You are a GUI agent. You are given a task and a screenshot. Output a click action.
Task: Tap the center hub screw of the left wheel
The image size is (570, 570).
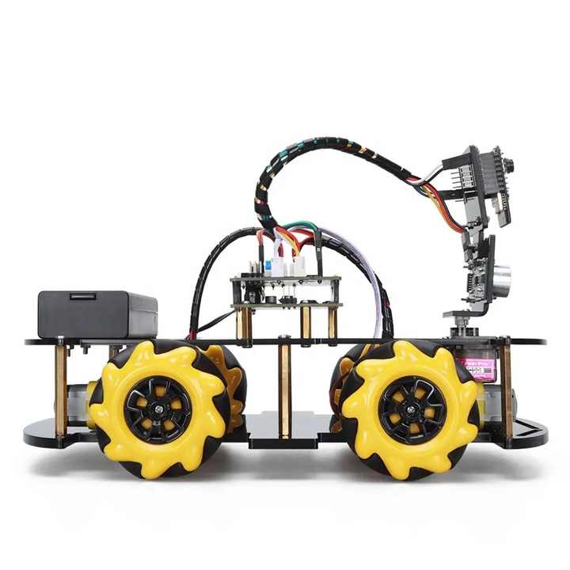(157, 409)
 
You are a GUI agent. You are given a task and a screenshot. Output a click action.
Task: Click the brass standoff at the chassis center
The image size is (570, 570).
(285, 388)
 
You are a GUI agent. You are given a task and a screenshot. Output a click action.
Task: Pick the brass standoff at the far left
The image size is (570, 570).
(61, 388)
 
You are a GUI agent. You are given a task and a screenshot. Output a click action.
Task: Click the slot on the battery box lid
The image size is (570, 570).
(82, 297)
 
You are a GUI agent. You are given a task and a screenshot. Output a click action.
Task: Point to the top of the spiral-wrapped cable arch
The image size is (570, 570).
(317, 150)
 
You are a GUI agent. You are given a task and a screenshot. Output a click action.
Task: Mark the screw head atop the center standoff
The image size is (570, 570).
(284, 340)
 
